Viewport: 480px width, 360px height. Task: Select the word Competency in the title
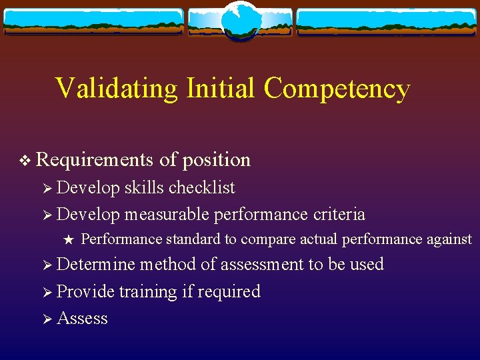pyautogui.click(x=337, y=89)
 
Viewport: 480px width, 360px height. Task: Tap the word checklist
pyautogui.click(x=202, y=188)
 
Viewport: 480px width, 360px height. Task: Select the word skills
pyautogui.click(x=144, y=188)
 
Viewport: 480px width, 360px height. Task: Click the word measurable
pyautogui.click(x=167, y=215)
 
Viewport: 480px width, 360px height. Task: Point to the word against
pyautogui.click(x=448, y=239)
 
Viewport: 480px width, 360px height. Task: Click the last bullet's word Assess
pyautogui.click(x=83, y=319)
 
